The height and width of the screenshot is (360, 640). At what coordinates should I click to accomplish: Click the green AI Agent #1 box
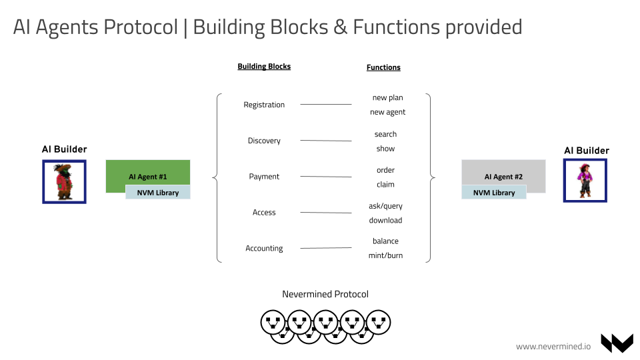pos(148,172)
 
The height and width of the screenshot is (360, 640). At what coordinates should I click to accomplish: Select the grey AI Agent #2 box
pos(503,172)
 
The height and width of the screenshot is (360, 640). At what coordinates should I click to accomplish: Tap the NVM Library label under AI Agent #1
pos(158,192)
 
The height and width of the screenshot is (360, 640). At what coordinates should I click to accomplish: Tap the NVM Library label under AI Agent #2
pos(494,192)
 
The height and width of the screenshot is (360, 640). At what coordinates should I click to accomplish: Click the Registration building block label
pos(264,105)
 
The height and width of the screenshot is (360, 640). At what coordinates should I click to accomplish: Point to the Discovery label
pos(264,141)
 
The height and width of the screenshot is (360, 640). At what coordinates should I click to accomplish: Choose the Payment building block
pos(264,177)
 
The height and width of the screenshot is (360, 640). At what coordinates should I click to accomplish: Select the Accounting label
pos(264,249)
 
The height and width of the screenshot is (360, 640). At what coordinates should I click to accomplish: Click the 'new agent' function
pos(387,112)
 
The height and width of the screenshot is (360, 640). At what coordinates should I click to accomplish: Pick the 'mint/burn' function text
pos(385,255)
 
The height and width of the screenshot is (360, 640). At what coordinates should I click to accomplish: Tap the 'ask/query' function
pos(385,206)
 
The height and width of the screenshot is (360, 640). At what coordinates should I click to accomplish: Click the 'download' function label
pos(385,220)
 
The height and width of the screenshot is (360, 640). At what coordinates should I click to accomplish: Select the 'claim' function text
pos(385,184)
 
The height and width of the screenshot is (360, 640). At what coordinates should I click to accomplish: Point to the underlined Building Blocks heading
pos(264,67)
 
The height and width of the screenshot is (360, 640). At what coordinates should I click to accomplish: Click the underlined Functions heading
pos(383,67)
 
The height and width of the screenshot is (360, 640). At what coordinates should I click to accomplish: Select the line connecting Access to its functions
pos(325,213)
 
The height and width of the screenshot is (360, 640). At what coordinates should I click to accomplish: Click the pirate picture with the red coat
pos(64,181)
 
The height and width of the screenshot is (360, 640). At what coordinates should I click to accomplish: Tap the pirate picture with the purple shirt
pos(585,180)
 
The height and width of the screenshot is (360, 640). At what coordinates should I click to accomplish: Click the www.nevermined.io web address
pos(553,346)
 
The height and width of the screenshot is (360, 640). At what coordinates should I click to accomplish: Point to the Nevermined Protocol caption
pos(325,294)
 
